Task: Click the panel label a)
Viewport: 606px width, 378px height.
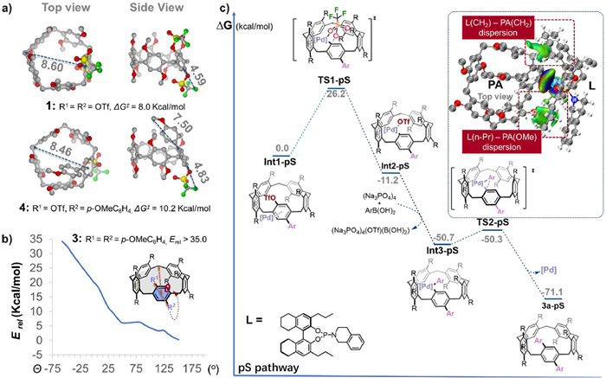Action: (x=8, y=8)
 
